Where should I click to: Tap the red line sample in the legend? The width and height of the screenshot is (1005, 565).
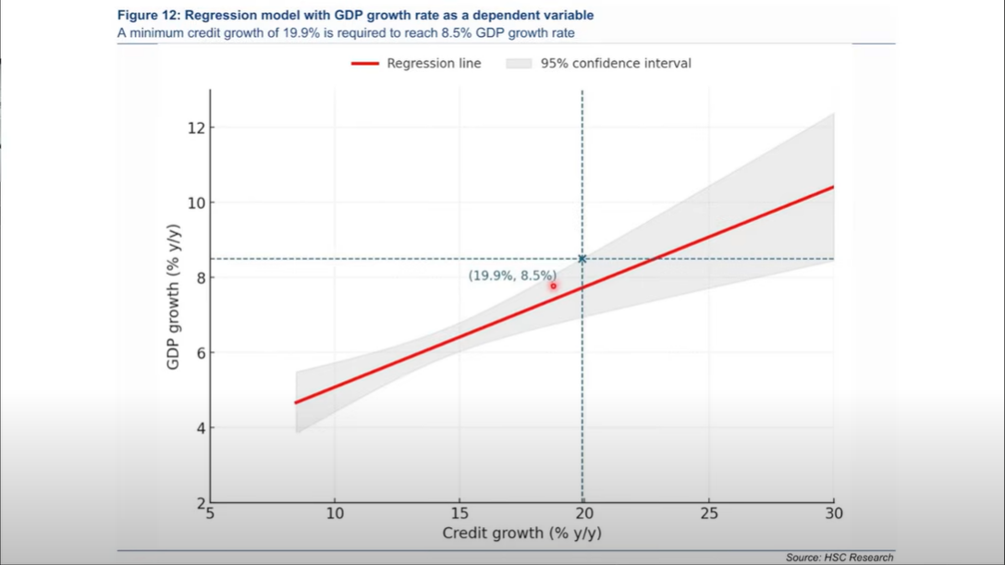click(x=364, y=64)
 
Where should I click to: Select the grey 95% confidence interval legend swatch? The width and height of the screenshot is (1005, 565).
click(x=519, y=64)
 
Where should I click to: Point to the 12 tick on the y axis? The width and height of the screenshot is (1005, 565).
click(x=195, y=128)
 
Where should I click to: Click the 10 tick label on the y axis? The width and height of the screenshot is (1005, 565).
click(x=195, y=203)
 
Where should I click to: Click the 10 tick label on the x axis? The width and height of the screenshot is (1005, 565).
click(x=335, y=513)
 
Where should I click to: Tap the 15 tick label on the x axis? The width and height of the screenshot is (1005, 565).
click(x=460, y=513)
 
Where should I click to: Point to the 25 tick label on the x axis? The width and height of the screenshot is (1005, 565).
click(x=709, y=513)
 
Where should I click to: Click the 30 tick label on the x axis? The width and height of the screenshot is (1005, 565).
click(x=834, y=513)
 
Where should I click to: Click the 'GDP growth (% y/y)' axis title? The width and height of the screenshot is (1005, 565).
click(x=173, y=298)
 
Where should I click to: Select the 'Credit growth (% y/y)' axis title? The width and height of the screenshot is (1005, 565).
click(x=521, y=534)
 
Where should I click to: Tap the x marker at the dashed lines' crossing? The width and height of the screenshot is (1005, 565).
click(x=582, y=259)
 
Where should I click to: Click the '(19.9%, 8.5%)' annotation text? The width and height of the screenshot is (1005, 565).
click(x=512, y=276)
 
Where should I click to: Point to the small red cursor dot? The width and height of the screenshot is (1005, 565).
click(x=554, y=287)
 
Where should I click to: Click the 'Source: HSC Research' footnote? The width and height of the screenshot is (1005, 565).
click(x=840, y=558)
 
